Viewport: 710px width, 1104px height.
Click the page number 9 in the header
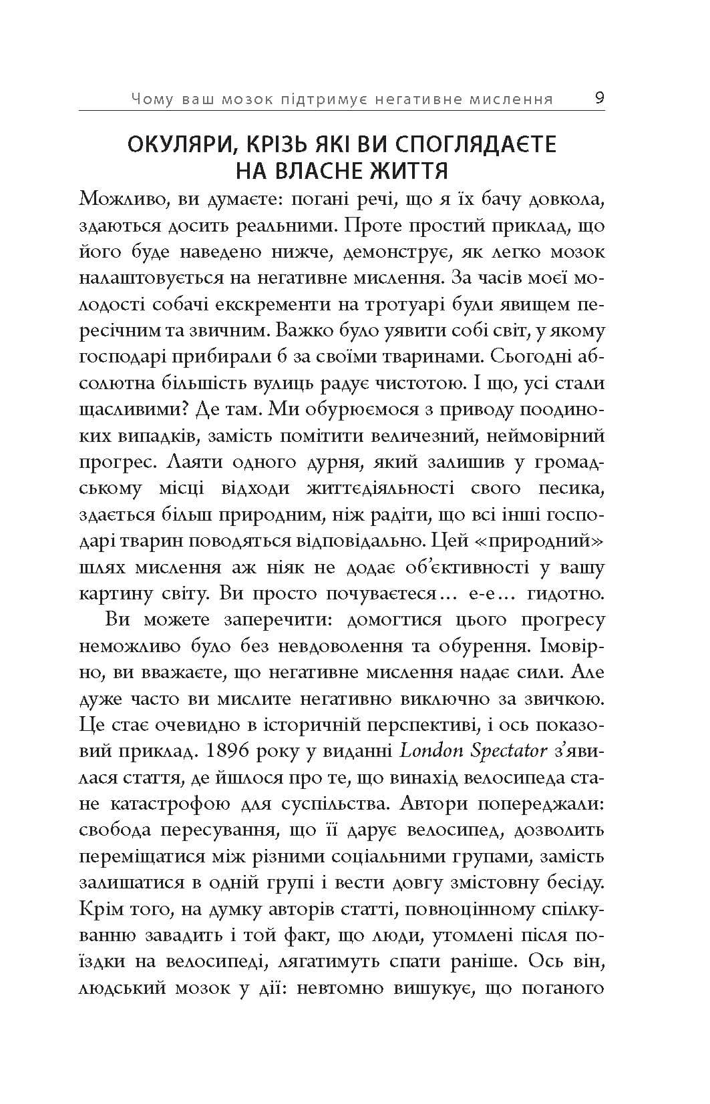tap(599, 98)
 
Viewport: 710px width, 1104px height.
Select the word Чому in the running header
tap(152, 99)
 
